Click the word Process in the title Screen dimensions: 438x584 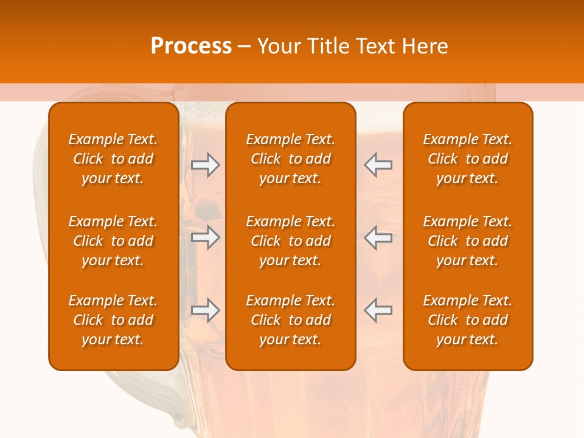[191, 46]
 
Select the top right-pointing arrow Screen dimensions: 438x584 [205, 165]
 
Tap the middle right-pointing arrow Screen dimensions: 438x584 [205, 237]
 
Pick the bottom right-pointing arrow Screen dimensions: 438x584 [205, 310]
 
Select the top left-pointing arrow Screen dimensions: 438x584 [378, 165]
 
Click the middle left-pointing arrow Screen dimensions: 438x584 [378, 237]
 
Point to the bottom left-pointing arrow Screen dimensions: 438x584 [378, 310]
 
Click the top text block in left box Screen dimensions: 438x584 [113, 159]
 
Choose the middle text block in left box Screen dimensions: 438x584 [113, 241]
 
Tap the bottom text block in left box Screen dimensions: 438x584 [113, 320]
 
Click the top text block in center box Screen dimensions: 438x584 [291, 159]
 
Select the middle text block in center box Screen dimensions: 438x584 [291, 241]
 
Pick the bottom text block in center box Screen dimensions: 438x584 [291, 320]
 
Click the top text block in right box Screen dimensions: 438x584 [468, 159]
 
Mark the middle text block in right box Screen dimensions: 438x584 [468, 241]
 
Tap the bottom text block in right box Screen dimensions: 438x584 [468, 320]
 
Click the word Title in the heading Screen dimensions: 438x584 [327, 46]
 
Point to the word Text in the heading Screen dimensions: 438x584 [374, 46]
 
